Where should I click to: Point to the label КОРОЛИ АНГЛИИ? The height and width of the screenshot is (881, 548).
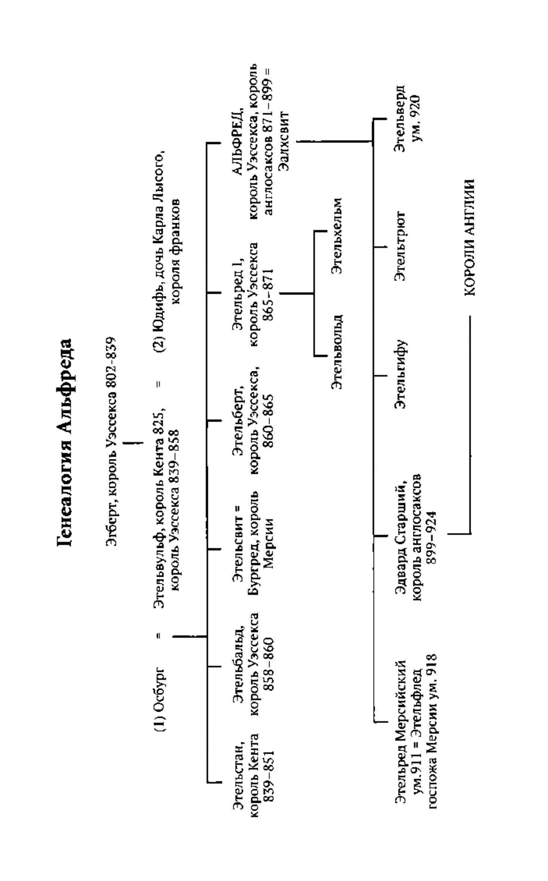pos(469,237)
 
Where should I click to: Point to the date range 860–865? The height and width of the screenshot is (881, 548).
pos(268,420)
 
